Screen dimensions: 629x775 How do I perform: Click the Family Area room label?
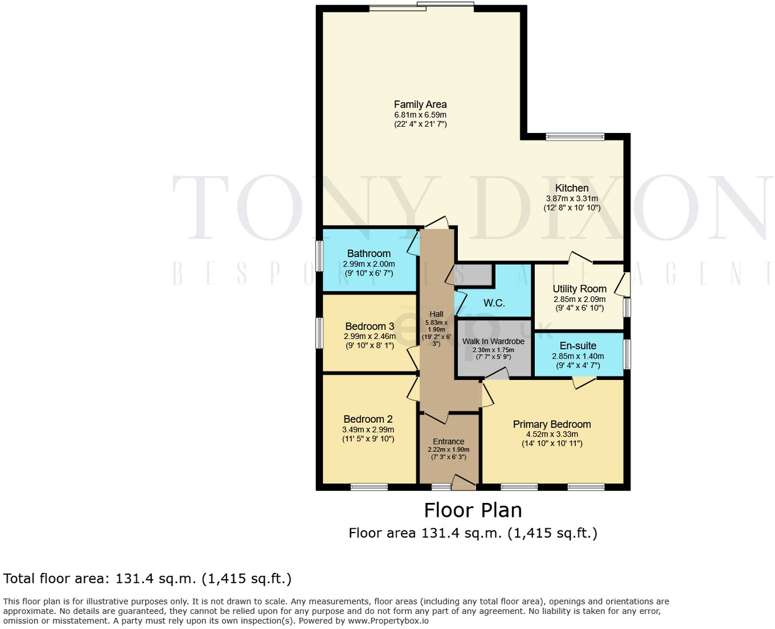tap(420, 105)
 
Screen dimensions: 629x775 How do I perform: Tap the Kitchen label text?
tap(571, 188)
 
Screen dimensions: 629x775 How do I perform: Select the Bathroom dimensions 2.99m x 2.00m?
tap(368, 264)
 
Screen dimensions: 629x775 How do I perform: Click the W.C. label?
tap(494, 303)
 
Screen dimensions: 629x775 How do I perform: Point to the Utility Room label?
tap(579, 289)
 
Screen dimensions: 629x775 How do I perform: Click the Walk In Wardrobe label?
tap(493, 341)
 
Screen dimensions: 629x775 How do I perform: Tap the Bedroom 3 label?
tap(370, 326)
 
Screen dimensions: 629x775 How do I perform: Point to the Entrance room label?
tap(448, 441)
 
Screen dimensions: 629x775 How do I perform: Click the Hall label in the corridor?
tap(436, 314)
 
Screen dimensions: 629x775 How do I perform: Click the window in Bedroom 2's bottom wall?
tap(369, 486)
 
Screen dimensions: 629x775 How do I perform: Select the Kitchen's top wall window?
tap(574, 136)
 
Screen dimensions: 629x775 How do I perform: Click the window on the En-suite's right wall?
tap(626, 354)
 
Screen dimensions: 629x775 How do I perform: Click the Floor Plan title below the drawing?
tap(472, 509)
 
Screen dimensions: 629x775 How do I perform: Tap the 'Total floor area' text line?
tap(148, 579)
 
